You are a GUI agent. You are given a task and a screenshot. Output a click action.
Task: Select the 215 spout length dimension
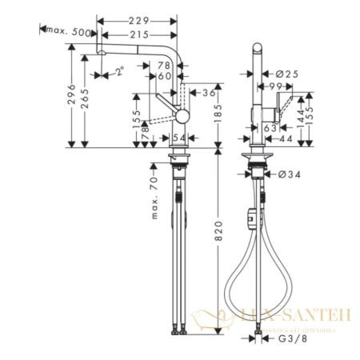(141, 35)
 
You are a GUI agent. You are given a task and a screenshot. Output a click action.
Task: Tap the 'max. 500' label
(67, 30)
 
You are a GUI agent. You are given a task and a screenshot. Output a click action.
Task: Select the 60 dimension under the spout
(166, 76)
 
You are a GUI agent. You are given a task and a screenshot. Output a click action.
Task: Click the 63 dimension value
(270, 126)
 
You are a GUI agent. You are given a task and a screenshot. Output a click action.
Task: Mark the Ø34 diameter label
(289, 175)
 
